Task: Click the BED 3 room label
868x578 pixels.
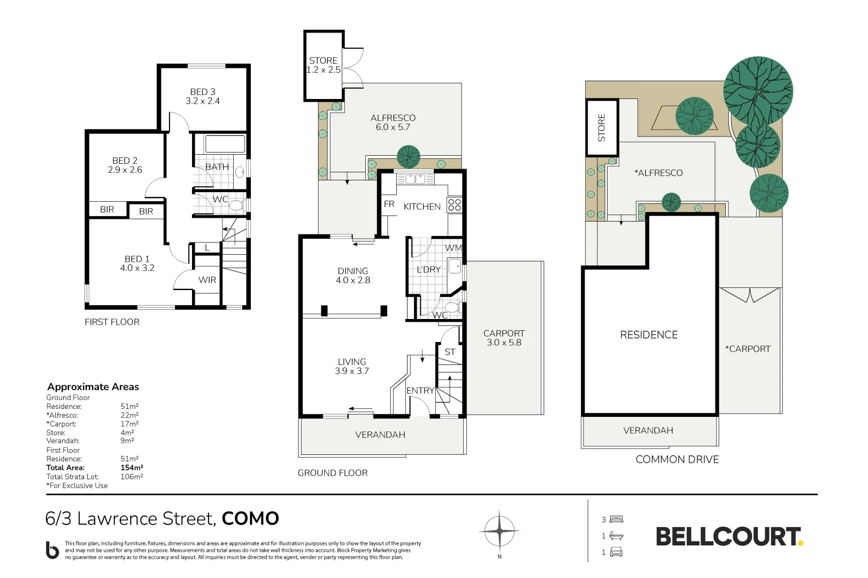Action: [x=203, y=92]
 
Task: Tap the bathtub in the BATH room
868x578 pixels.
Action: [x=225, y=143]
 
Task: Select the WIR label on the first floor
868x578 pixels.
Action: [x=207, y=280]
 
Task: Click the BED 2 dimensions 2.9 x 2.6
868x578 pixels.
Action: [x=125, y=170]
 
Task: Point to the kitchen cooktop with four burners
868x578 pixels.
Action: [x=454, y=205]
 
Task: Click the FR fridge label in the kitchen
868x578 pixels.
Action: [x=389, y=204]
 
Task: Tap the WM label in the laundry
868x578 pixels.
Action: [x=453, y=248]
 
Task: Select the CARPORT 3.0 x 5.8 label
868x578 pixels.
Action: [x=504, y=338]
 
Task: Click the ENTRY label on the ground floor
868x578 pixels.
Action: [x=420, y=391]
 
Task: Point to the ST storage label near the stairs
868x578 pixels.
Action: [x=450, y=352]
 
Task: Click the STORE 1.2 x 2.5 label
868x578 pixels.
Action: [x=323, y=65]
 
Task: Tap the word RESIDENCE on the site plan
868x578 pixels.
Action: [x=649, y=334]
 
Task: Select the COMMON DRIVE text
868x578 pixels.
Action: [x=677, y=459]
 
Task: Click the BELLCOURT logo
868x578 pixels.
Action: [x=729, y=537]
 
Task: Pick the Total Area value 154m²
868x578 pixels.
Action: [x=132, y=468]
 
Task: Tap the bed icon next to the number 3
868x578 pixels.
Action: [x=616, y=519]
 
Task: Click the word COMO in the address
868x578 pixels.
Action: [x=250, y=518]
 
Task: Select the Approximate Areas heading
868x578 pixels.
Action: [x=93, y=386]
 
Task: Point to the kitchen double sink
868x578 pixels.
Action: [x=415, y=179]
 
